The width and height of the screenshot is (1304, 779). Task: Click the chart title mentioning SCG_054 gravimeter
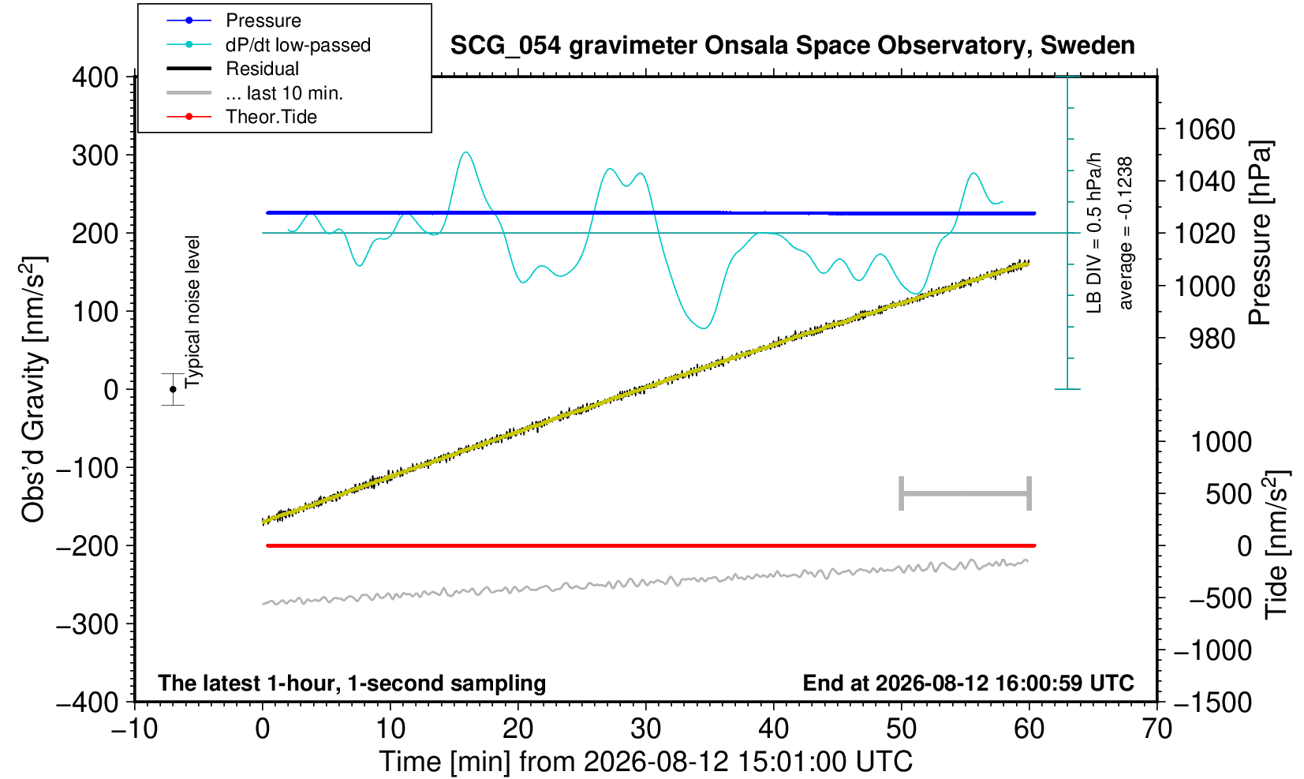pyautogui.click(x=792, y=46)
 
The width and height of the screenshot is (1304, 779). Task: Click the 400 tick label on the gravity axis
pyautogui.click(x=95, y=77)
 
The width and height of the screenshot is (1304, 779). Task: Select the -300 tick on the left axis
pyautogui.click(x=88, y=624)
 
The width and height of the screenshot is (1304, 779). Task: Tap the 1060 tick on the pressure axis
pyautogui.click(x=1205, y=129)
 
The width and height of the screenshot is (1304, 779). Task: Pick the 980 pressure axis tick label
pyautogui.click(x=1212, y=339)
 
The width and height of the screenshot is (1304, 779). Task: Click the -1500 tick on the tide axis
pyautogui.click(x=1212, y=702)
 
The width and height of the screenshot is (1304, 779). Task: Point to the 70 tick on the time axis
pyautogui.click(x=1156, y=729)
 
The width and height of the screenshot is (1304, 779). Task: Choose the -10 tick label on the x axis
pyautogui.click(x=134, y=729)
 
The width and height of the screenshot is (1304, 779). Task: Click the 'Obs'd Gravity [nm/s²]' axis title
pyautogui.click(x=34, y=389)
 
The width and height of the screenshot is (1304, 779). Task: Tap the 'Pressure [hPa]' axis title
pyautogui.click(x=1261, y=233)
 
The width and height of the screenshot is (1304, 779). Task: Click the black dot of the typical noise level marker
pyautogui.click(x=173, y=389)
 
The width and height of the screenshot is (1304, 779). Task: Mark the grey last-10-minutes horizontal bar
pyautogui.click(x=966, y=493)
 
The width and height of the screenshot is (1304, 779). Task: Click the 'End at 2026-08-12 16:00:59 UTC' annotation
pyautogui.click(x=968, y=683)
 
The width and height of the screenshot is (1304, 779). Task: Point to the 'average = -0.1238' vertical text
pyautogui.click(x=1126, y=233)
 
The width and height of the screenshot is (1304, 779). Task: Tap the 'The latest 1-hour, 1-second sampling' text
pyautogui.click(x=352, y=683)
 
